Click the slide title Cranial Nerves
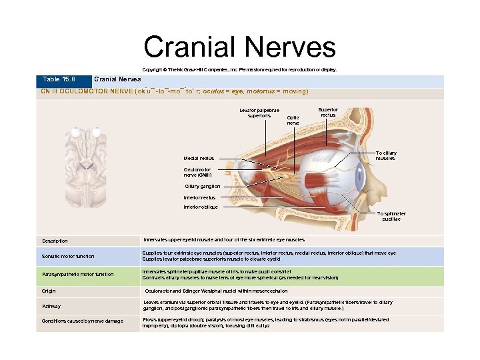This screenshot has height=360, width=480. pyautogui.click(x=239, y=47)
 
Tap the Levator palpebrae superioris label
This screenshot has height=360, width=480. pyautogui.click(x=259, y=113)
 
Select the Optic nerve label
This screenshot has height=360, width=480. pyautogui.click(x=293, y=120)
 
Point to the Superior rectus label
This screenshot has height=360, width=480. pyautogui.click(x=328, y=113)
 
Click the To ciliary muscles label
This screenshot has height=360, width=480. pyautogui.click(x=385, y=156)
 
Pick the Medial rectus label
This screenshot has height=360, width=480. pyautogui.click(x=199, y=158)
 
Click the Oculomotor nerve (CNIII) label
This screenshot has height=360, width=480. pyautogui.click(x=199, y=172)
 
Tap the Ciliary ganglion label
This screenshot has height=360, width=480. pyautogui.click(x=202, y=186)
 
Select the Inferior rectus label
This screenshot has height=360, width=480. pyautogui.click(x=199, y=197)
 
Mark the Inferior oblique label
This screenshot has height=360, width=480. pyautogui.click(x=201, y=207)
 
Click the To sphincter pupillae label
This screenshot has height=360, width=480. pyautogui.click(x=391, y=216)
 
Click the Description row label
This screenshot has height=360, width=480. pyautogui.click(x=55, y=241)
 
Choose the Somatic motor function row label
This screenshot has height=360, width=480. pyautogui.click(x=68, y=256)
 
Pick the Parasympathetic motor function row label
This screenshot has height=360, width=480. pyautogui.click(x=77, y=274)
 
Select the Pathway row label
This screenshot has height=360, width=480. pyautogui.click(x=51, y=306)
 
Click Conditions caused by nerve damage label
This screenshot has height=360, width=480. pyautogui.click(x=82, y=322)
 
